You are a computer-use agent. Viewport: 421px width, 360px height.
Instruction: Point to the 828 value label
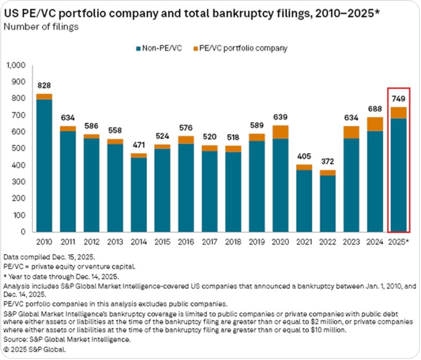click(44, 85)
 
